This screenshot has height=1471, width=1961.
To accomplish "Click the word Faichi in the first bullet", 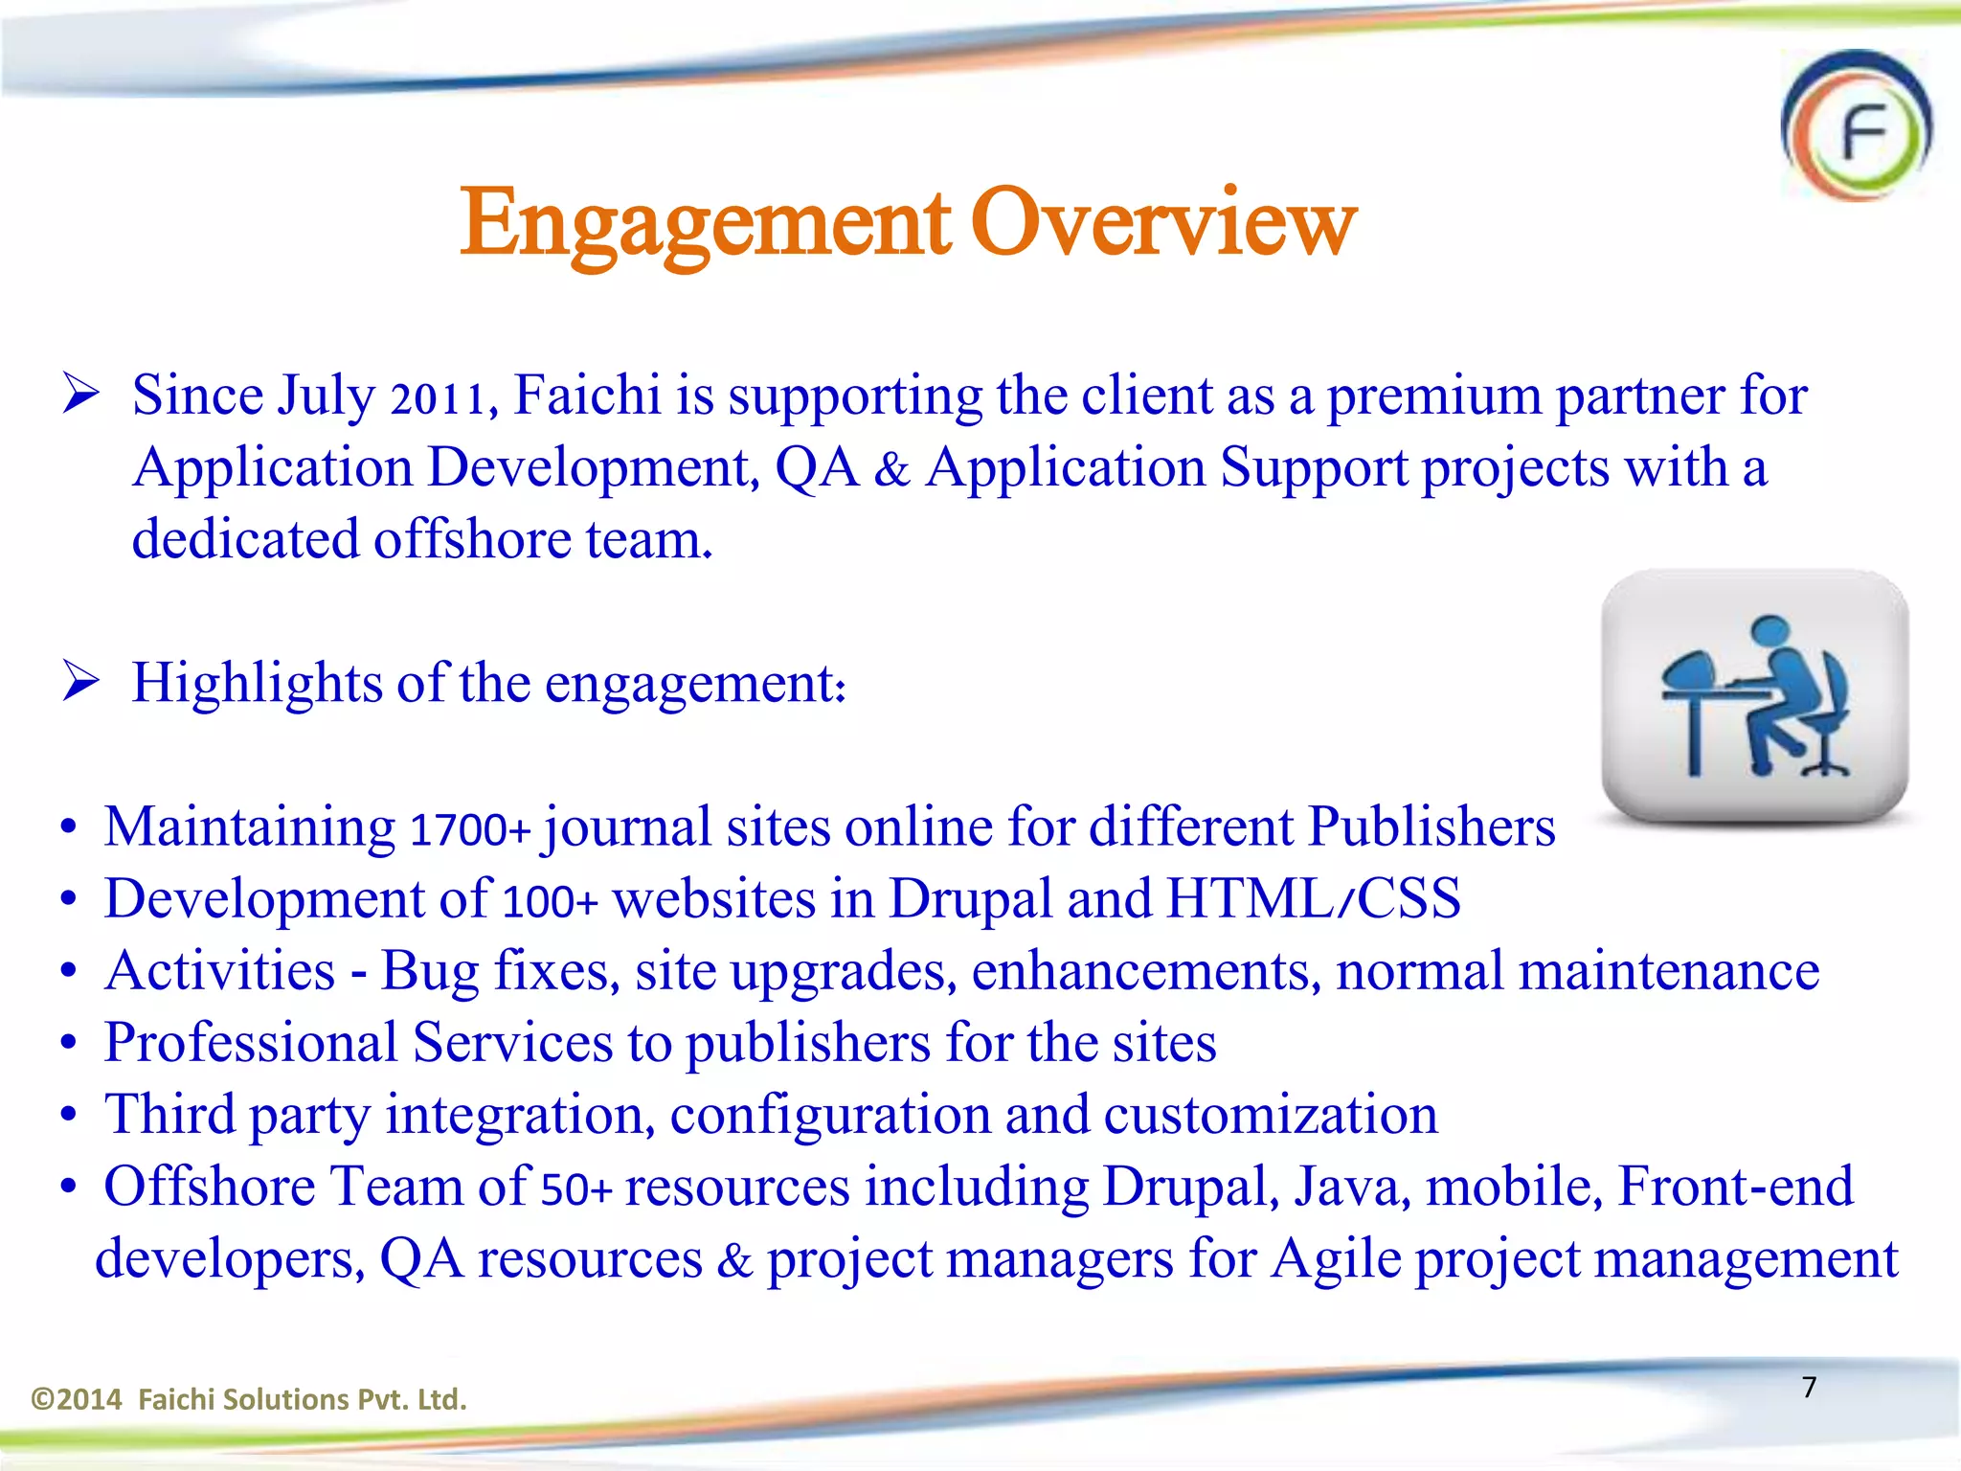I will tap(587, 396).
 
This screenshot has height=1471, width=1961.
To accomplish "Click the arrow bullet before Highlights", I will tap(81, 682).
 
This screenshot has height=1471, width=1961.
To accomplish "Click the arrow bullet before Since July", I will tap(81, 395).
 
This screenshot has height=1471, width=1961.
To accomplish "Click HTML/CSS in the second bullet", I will tap(1313, 899).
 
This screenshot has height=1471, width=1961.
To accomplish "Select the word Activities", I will tap(220, 971).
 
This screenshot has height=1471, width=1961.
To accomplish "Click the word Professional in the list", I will tap(251, 1043).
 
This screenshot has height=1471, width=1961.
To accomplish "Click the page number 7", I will tap(1809, 1387).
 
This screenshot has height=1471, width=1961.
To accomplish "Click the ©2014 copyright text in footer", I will tap(77, 1400).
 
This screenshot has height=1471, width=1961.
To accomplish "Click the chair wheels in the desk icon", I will tap(1824, 767).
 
